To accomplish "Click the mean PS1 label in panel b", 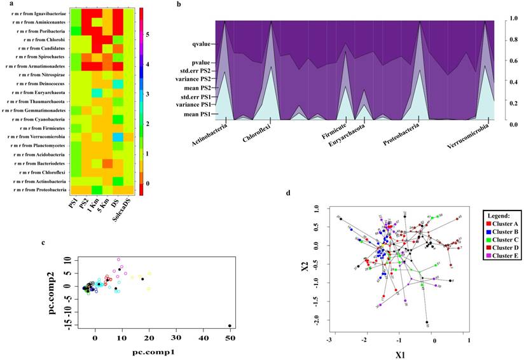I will [x=200, y=115].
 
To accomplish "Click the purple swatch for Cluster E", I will [x=488, y=255].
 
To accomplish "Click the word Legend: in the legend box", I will [x=502, y=215].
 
